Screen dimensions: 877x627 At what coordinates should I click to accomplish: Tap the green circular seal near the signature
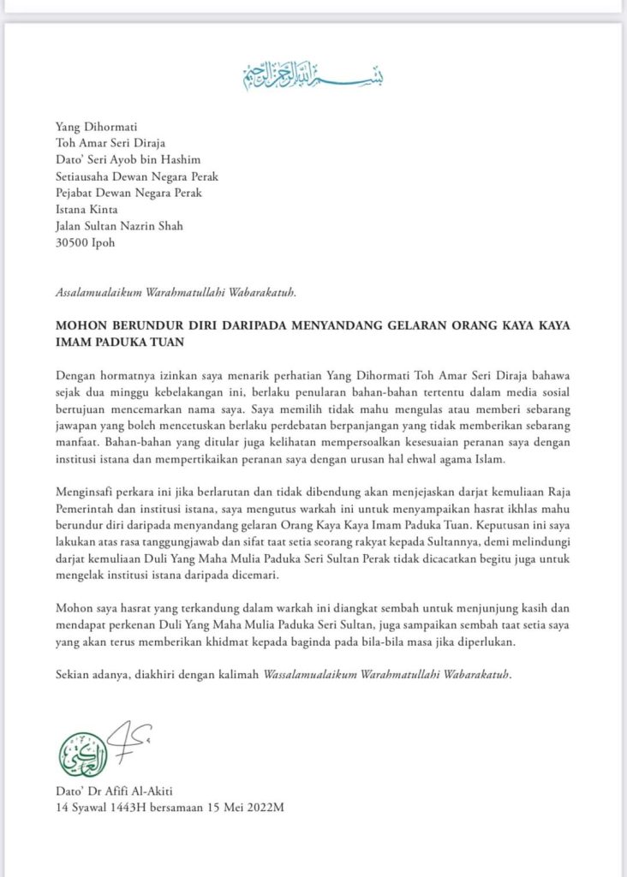[83, 755]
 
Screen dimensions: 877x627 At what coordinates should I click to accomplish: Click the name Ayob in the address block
[136, 159]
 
